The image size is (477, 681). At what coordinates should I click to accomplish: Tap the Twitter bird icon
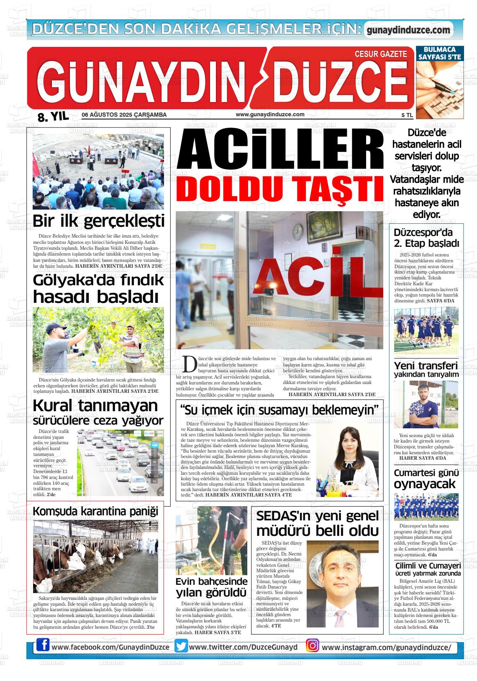point(181,646)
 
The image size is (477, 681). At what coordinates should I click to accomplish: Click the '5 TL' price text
point(407,115)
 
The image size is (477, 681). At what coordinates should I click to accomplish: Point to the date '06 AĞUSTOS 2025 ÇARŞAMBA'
point(124,115)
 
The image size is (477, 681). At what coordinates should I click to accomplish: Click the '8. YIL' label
point(53,117)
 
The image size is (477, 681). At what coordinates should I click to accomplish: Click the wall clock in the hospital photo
point(297,230)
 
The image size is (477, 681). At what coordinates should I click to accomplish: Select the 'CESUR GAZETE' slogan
point(380,54)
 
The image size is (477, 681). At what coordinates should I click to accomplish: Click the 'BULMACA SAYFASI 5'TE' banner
point(439,54)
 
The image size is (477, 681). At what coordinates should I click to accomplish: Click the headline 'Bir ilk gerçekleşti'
point(98,221)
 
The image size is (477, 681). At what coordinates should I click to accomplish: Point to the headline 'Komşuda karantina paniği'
point(96,511)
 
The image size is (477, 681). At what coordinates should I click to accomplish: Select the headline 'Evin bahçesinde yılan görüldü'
point(211,587)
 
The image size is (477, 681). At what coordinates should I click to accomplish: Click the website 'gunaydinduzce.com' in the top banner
point(408,30)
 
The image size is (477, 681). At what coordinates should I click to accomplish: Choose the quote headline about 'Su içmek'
point(279,410)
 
